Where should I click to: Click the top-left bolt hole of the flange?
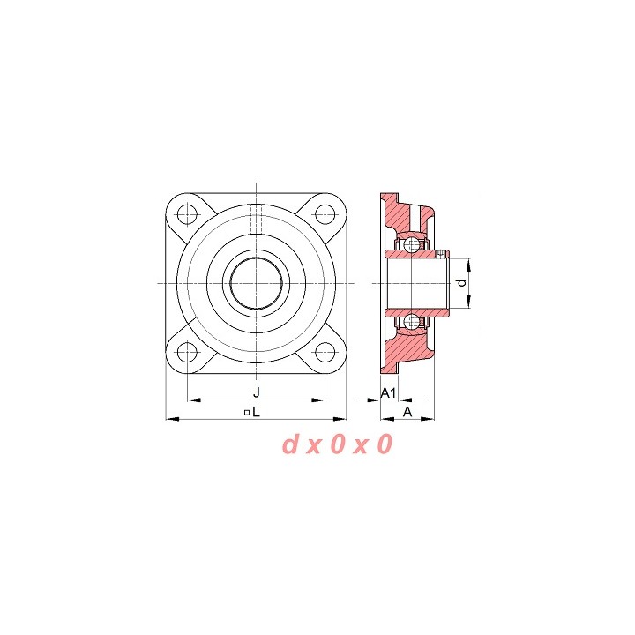187,214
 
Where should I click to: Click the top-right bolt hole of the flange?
325,214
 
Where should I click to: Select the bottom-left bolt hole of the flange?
187,352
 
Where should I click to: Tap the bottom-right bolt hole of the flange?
325,352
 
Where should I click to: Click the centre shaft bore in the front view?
256,283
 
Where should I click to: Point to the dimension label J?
256,392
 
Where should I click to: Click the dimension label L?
256,412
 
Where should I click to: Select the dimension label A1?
388,392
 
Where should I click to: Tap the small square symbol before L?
246,413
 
